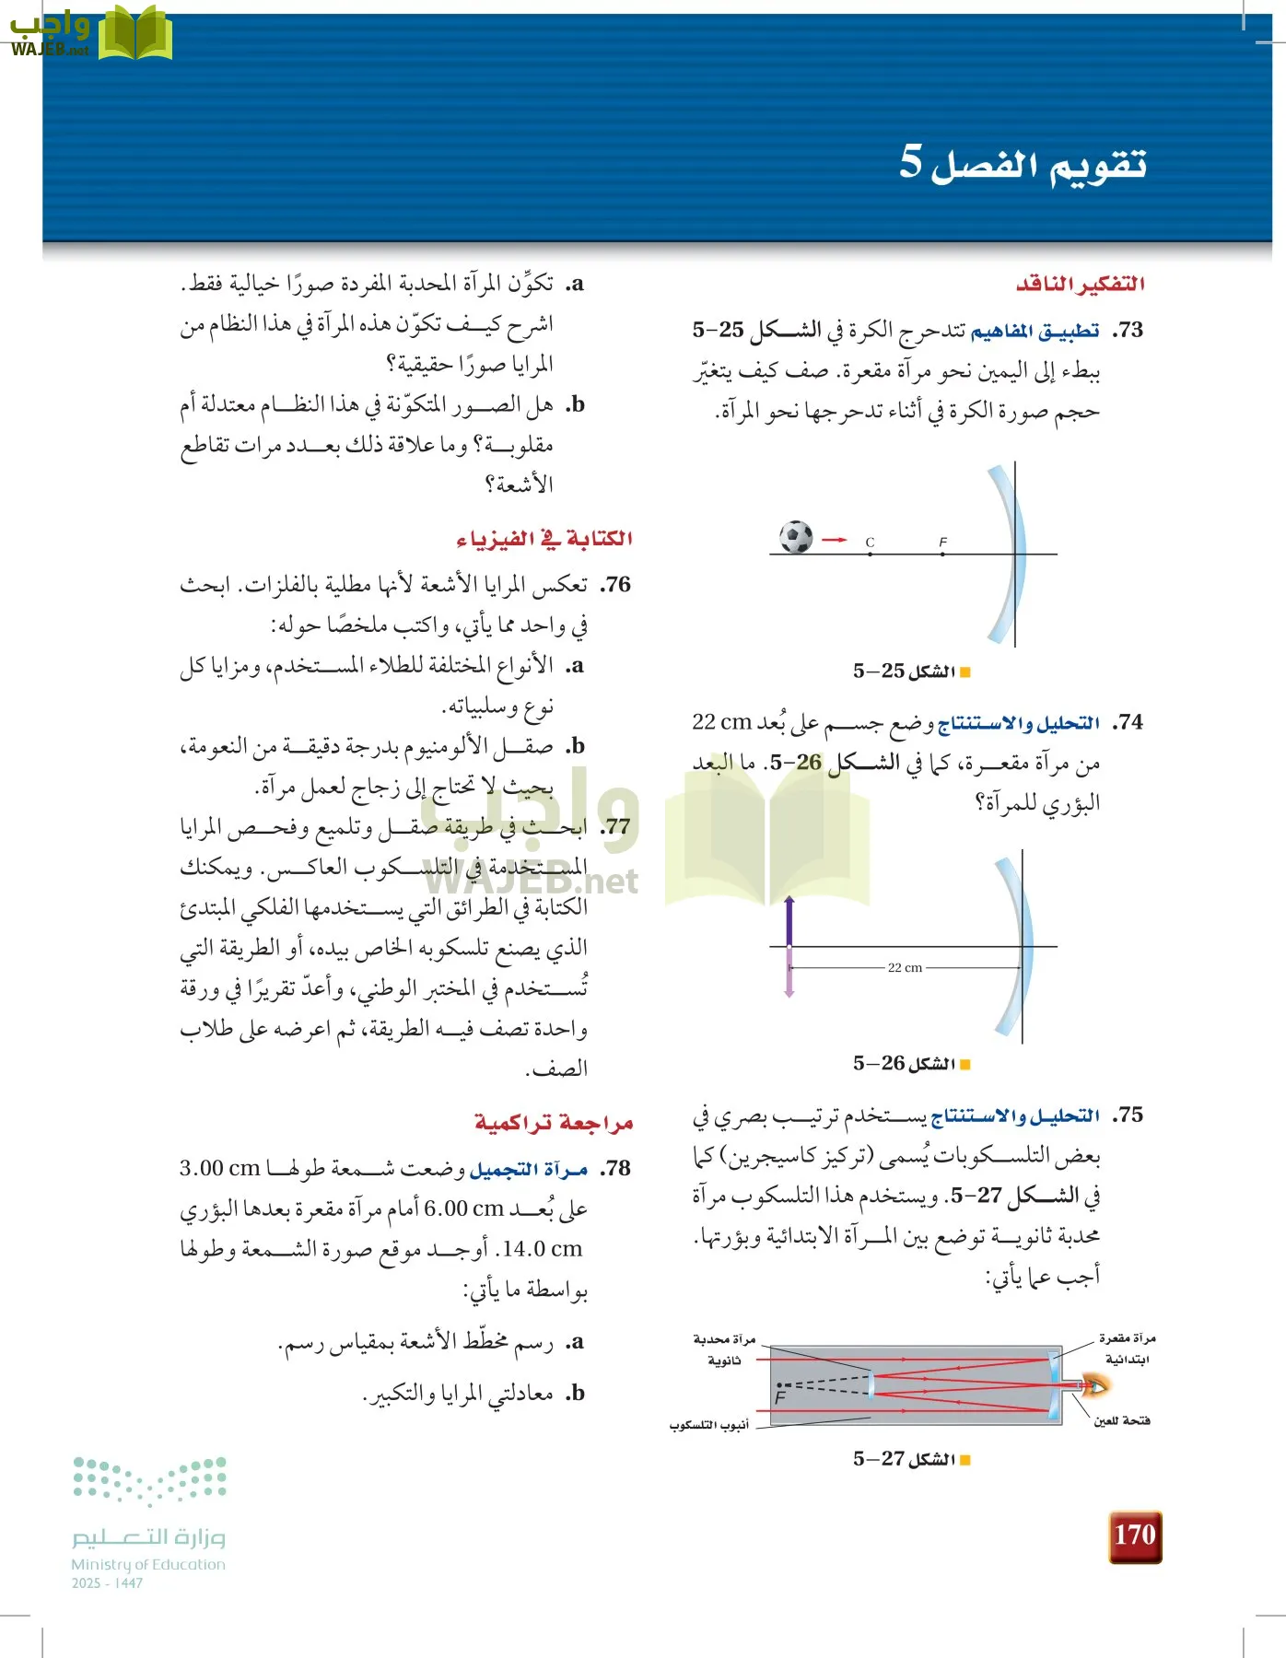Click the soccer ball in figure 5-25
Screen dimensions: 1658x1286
pos(796,537)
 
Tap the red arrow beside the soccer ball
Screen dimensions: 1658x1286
pos(834,540)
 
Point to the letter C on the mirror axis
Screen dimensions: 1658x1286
pos(870,543)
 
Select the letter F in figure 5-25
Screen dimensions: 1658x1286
pos(942,542)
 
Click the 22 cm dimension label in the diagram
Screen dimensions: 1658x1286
pos(905,967)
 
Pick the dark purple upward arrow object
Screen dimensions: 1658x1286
pos(789,921)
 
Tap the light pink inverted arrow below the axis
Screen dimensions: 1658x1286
pos(789,973)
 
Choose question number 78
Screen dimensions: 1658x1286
pos(614,1169)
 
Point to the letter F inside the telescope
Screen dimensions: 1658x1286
pos(779,1397)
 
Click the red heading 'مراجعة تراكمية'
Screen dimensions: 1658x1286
pos(554,1123)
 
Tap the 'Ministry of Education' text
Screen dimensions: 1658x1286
pos(148,1564)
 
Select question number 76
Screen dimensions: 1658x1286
pos(615,585)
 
